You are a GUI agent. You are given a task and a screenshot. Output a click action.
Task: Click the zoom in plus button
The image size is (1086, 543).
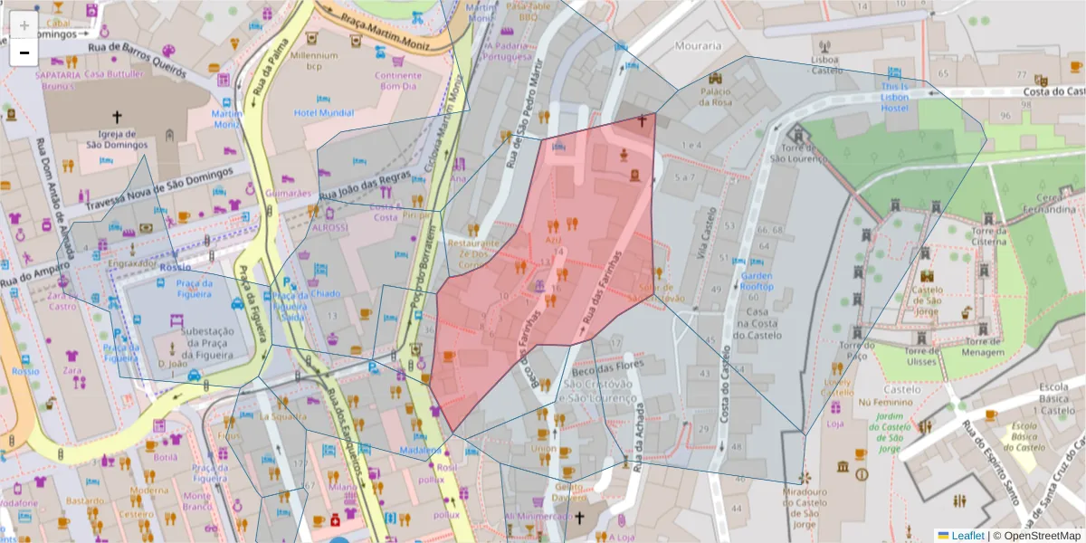pos(24,24)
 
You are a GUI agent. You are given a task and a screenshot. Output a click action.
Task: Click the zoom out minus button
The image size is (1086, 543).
pos(24,52)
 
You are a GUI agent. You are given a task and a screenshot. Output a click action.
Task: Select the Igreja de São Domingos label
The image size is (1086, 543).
pos(117,138)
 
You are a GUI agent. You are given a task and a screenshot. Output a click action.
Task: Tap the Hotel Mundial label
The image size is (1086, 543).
pos(324,113)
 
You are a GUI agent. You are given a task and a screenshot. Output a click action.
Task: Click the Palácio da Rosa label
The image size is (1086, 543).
pos(715,96)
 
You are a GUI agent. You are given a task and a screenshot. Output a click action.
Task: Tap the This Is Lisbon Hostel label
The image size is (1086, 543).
pos(894,97)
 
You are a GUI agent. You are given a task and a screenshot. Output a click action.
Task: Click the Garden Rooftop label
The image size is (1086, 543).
pos(757,281)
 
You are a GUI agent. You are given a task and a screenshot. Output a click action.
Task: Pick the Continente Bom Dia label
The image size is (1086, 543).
pos(397,81)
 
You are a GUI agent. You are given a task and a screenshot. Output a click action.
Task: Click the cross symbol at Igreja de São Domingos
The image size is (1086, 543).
pos(117,117)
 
